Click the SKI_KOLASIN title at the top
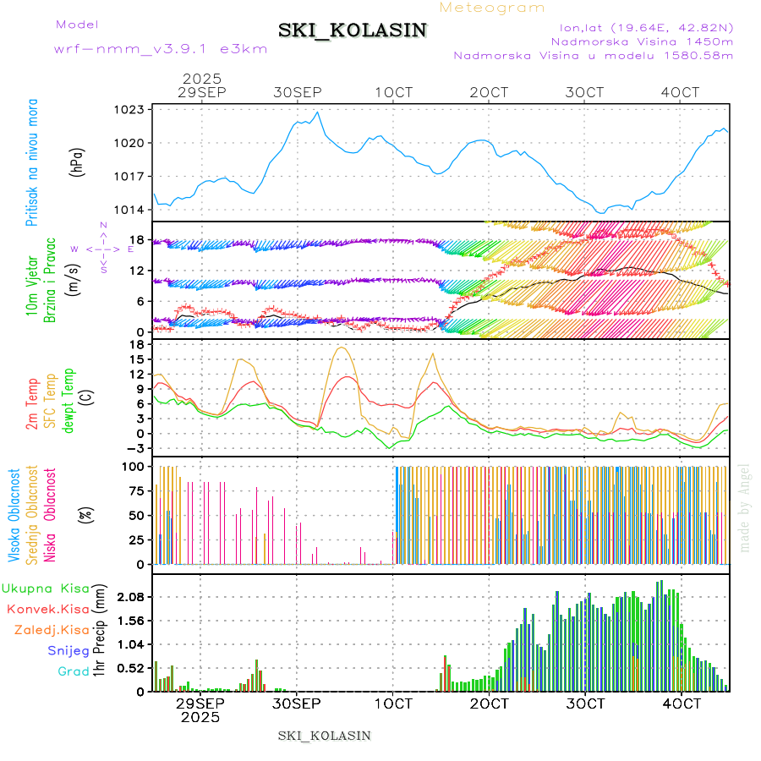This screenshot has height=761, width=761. (x=353, y=30)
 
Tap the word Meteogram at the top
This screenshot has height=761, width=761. (x=493, y=8)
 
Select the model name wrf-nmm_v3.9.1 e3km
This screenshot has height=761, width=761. (x=161, y=49)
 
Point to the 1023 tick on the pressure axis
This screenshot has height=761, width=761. (x=131, y=109)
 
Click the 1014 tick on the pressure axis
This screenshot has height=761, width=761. (x=131, y=209)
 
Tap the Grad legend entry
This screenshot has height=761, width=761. (x=74, y=671)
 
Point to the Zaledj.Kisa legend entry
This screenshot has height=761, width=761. (x=52, y=629)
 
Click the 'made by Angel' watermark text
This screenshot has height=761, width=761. (x=745, y=507)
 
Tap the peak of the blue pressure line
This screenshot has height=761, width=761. (x=317, y=112)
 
